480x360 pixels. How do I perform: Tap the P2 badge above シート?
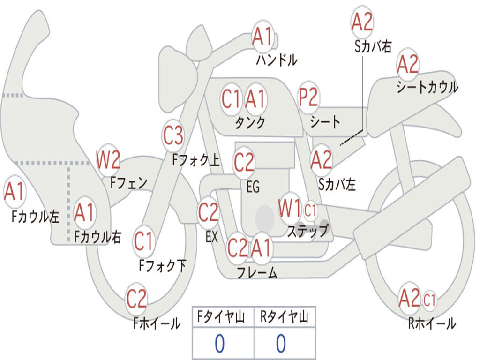[x=308, y=98]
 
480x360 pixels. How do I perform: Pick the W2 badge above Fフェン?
[x=108, y=160]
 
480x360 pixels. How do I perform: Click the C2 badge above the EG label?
[x=244, y=162]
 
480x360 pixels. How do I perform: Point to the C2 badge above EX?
[x=209, y=213]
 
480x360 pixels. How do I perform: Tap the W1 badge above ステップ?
[x=290, y=209]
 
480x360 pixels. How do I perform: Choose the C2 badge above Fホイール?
[x=137, y=299]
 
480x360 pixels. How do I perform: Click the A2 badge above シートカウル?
[x=407, y=65]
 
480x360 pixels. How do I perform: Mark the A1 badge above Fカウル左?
[x=14, y=192]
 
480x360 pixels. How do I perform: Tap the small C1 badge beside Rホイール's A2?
[x=429, y=299]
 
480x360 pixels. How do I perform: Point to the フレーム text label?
[x=257, y=272]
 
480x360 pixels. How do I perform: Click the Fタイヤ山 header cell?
[x=223, y=318]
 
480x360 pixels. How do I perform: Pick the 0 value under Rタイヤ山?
[x=281, y=344]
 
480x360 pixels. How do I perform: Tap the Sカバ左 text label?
[x=337, y=184]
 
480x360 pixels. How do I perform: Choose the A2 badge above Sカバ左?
[x=321, y=160]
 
